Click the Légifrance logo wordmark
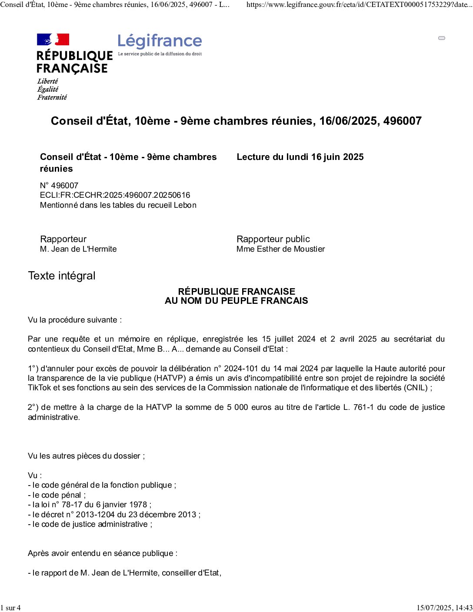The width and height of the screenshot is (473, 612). pos(160,42)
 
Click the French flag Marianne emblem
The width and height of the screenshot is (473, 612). pos(53,40)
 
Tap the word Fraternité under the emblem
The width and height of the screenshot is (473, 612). pos(52,97)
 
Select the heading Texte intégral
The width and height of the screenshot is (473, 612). pos(62,276)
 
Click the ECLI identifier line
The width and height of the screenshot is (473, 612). pos(115,195)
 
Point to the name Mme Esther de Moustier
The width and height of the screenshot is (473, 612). pos(280,249)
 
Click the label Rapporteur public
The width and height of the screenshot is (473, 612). pos(273,239)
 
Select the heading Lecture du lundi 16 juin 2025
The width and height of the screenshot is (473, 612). pos(300,157)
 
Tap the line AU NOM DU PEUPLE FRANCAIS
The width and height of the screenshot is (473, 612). pos(236,301)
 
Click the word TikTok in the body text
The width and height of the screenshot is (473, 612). pos(40,388)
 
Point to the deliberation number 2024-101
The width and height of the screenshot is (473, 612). pos(241,369)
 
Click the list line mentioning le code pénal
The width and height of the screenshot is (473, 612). pos(57,495)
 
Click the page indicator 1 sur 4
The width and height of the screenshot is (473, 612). pos(10,608)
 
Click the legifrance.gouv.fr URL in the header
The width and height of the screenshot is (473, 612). pos(359,5)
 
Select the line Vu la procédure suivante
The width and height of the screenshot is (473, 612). pos(75,320)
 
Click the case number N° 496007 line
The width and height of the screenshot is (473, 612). pos(59,186)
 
